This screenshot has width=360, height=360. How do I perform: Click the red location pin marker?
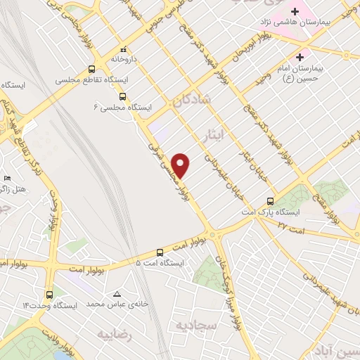[181, 165]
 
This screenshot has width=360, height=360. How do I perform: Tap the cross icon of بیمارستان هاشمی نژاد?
[295, 12]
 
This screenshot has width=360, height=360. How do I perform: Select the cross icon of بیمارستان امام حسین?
[301, 57]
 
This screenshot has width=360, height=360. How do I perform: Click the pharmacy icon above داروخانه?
[124, 51]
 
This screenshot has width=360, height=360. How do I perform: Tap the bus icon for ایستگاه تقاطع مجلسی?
[91, 69]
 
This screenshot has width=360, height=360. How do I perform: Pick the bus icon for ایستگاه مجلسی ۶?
[122, 96]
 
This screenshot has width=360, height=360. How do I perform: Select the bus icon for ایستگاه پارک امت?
[271, 200]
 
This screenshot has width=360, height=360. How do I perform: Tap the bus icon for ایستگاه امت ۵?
[160, 252]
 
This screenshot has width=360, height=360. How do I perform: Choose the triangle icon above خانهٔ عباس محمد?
[117, 293]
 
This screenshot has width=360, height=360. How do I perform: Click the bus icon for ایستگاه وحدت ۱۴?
[49, 295]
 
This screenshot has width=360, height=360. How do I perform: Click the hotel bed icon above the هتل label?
[8, 179]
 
